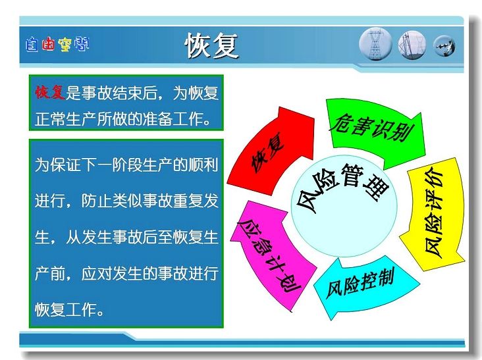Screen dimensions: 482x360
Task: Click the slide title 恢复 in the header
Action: click(x=211, y=46)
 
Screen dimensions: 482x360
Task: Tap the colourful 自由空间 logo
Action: click(x=57, y=44)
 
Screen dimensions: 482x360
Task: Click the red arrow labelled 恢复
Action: click(x=271, y=151)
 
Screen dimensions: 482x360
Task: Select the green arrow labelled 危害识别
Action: click(x=375, y=132)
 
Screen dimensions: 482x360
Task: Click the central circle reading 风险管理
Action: click(x=344, y=206)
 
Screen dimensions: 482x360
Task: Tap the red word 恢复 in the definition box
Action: click(x=50, y=92)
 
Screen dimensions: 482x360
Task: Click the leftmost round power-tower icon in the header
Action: click(x=375, y=44)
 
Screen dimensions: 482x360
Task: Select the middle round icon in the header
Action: click(x=412, y=45)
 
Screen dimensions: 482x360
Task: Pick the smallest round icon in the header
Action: click(x=444, y=46)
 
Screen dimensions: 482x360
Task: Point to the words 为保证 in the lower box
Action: click(x=58, y=165)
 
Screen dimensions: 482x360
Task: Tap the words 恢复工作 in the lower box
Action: click(x=65, y=309)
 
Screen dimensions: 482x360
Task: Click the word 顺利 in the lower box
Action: click(x=203, y=165)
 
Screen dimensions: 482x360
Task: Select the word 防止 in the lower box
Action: click(x=96, y=201)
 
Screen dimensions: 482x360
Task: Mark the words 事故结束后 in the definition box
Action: click(x=119, y=92)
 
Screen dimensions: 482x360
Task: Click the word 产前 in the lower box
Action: click(x=50, y=273)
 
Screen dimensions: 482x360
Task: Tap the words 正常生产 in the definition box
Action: click(x=65, y=119)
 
